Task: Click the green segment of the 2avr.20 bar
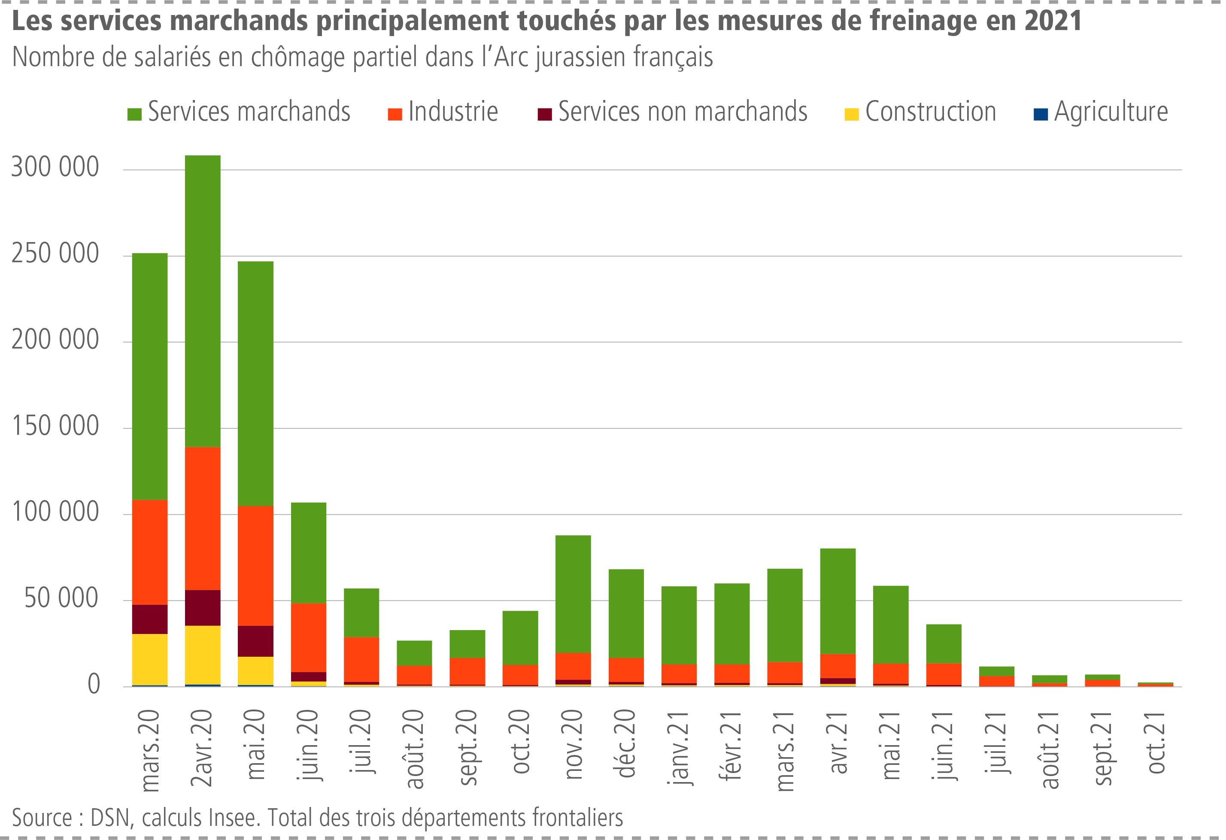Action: click(203, 301)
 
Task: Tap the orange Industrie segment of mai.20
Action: click(255, 566)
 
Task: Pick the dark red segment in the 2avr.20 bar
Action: click(203, 607)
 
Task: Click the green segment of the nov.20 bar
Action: click(573, 594)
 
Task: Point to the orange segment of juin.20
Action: click(309, 637)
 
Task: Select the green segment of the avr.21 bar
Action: click(838, 601)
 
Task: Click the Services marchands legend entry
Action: click(239, 112)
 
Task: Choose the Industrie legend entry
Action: click(443, 112)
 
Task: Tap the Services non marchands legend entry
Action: click(673, 112)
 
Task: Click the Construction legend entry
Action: click(920, 112)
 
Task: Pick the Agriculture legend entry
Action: click(1101, 112)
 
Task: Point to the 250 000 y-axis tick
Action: click(55, 254)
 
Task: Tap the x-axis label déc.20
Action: click(626, 744)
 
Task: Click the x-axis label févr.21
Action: click(732, 746)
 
